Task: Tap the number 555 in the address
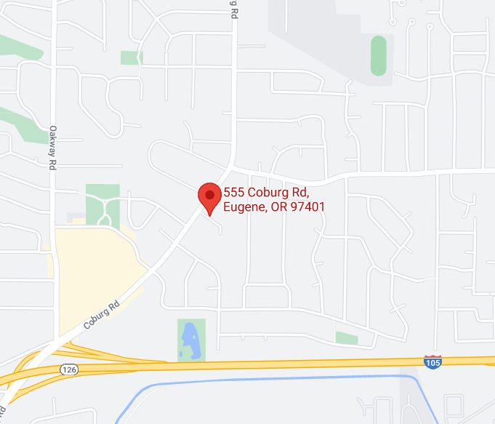pos(233,193)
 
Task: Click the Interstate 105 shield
pos(432,361)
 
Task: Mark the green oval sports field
pos(378,55)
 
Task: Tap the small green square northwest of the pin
pos(131,57)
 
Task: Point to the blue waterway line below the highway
pos(276,378)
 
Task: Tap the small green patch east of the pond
pos(347,338)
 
